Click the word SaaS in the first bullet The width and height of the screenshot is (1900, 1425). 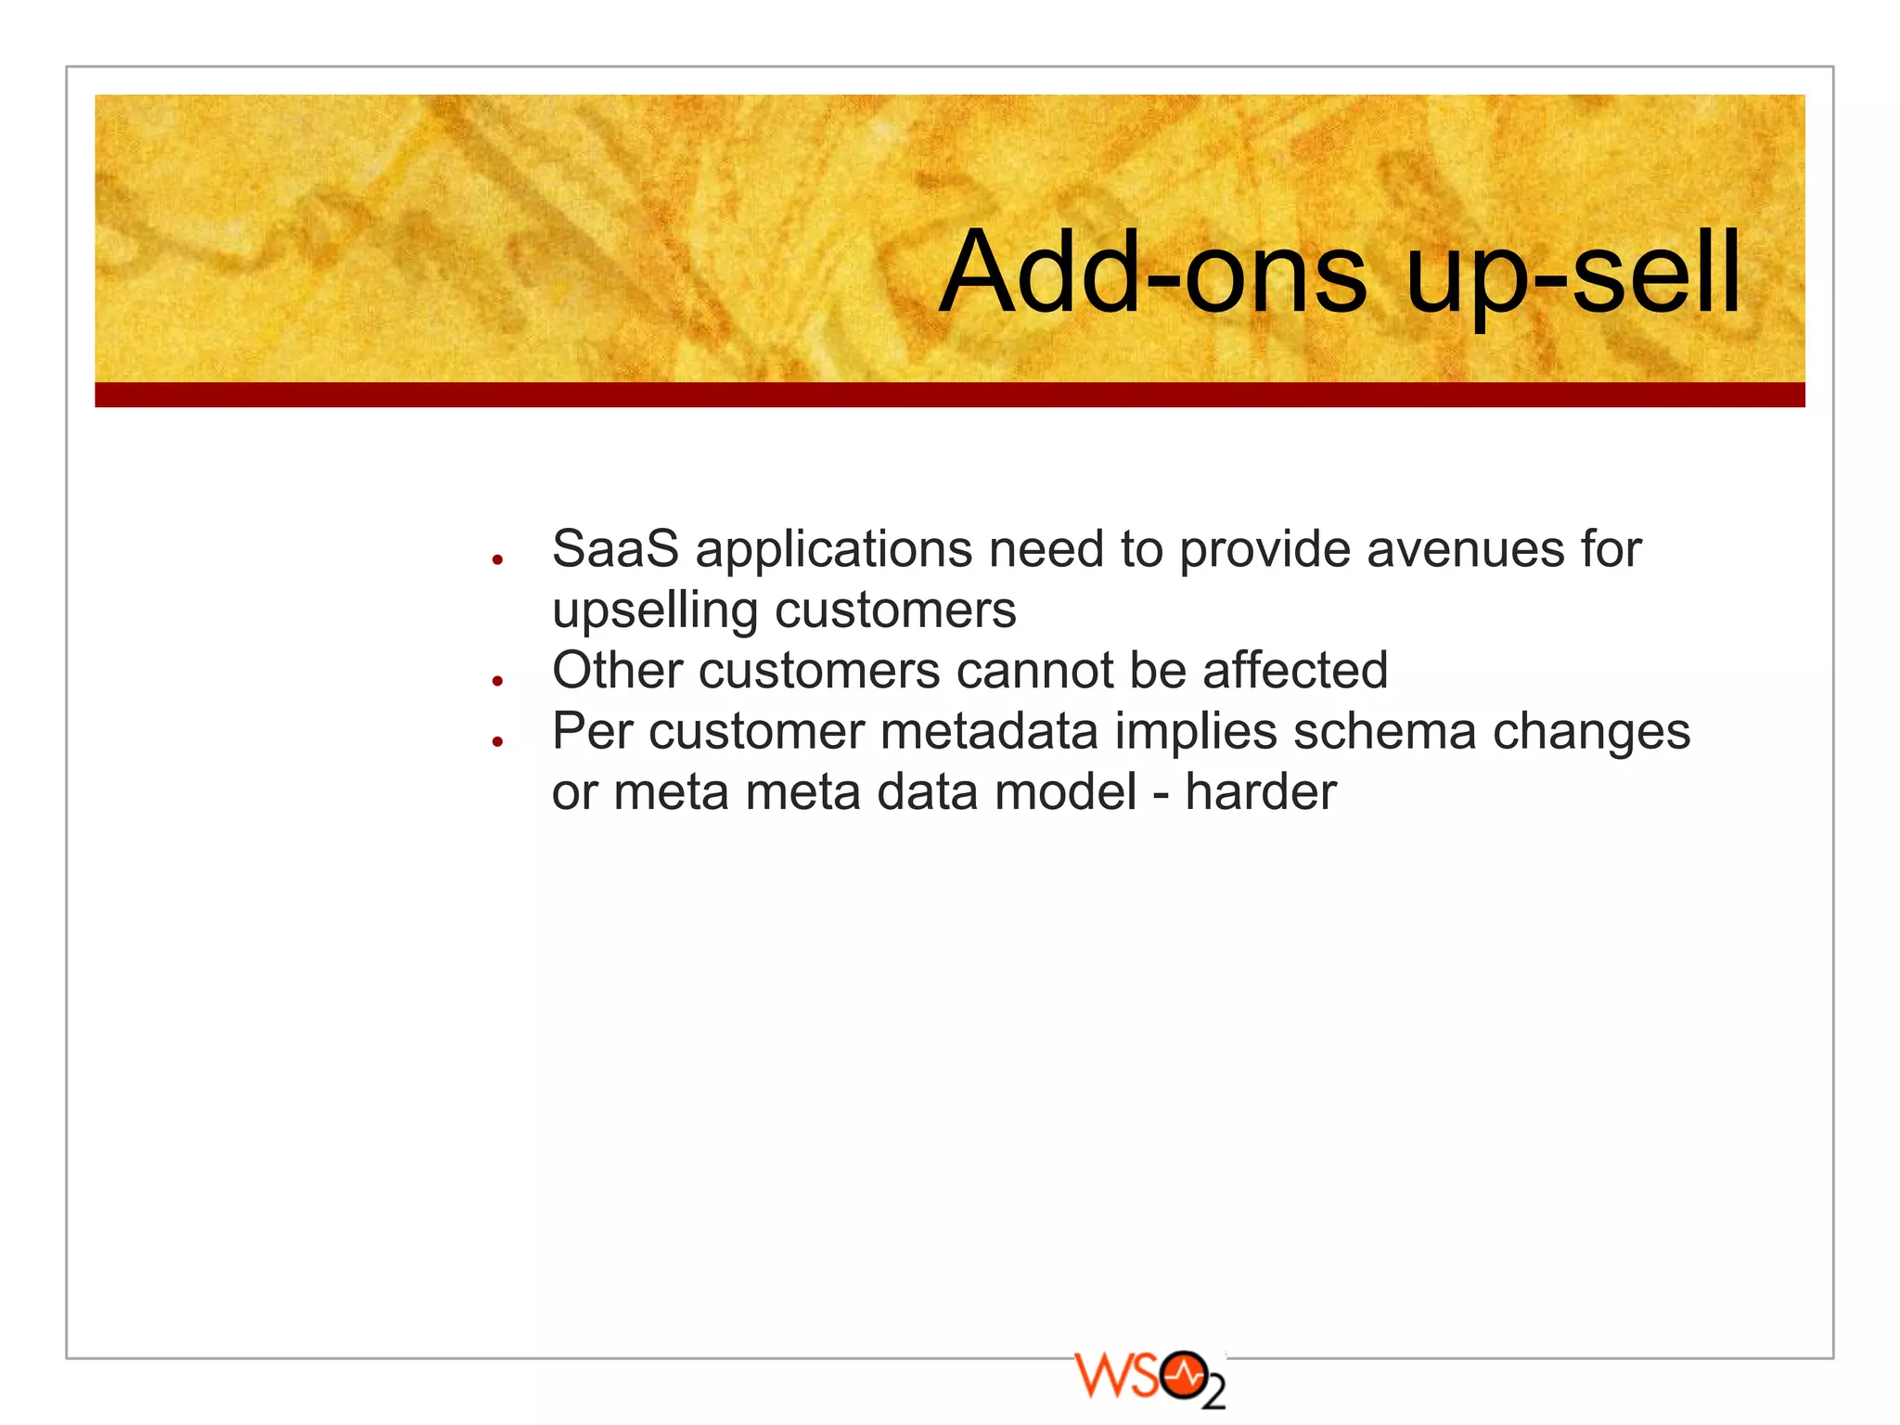pos(615,549)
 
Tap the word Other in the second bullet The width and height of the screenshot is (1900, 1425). pos(617,671)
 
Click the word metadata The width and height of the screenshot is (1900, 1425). pos(989,732)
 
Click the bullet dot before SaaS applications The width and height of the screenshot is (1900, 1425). pos(497,559)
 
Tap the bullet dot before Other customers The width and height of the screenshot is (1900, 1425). pos(497,681)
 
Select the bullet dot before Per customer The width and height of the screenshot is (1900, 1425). pos(497,741)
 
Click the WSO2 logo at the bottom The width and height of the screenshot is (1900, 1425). pos(1149,1379)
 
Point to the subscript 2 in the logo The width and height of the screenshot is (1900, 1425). pos(1213,1394)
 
